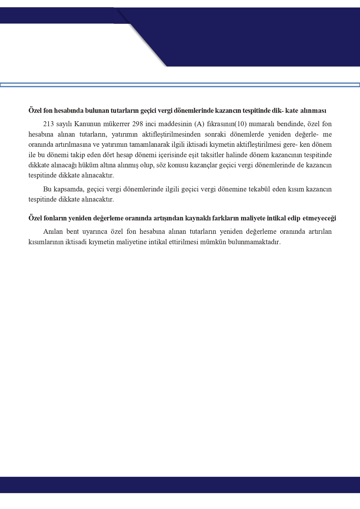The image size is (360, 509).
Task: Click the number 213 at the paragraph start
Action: [x=48, y=124]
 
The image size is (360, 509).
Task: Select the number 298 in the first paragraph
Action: [x=138, y=124]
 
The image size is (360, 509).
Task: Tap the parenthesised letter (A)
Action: [x=199, y=124]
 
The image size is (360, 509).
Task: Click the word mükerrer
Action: [x=116, y=124]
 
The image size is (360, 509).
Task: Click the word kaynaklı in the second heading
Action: [x=197, y=218]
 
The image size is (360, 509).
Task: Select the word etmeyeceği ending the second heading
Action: [x=319, y=218]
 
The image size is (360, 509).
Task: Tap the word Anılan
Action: [x=53, y=232]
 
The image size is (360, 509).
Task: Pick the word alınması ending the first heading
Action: [x=313, y=111]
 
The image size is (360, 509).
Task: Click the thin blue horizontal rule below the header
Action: [x=180, y=85]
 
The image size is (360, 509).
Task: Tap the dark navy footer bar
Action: [x=180, y=485]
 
